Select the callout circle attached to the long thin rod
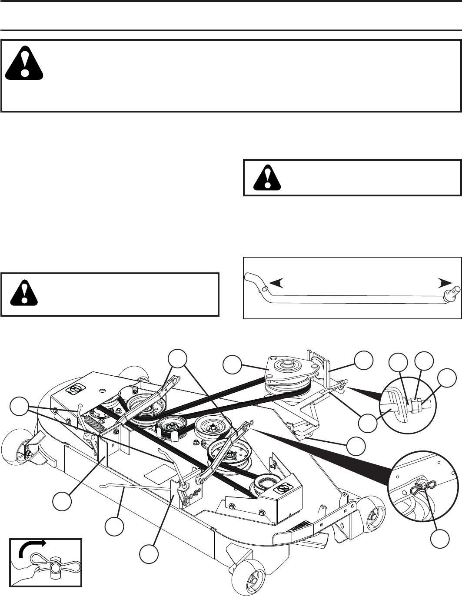pos(114,526)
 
